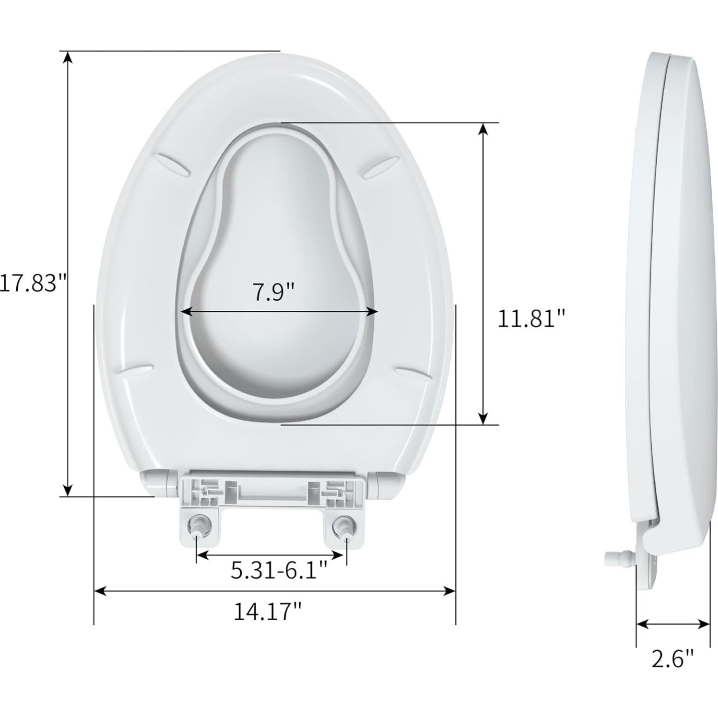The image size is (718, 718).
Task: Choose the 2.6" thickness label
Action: [672, 659]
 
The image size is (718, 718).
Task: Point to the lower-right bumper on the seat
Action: [412, 372]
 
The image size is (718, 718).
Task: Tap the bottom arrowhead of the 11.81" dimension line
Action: [484, 417]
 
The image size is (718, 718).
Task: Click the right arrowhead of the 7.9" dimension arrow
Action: [372, 312]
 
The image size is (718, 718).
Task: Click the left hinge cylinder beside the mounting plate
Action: [157, 482]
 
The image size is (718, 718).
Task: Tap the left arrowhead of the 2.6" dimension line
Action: [642, 624]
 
